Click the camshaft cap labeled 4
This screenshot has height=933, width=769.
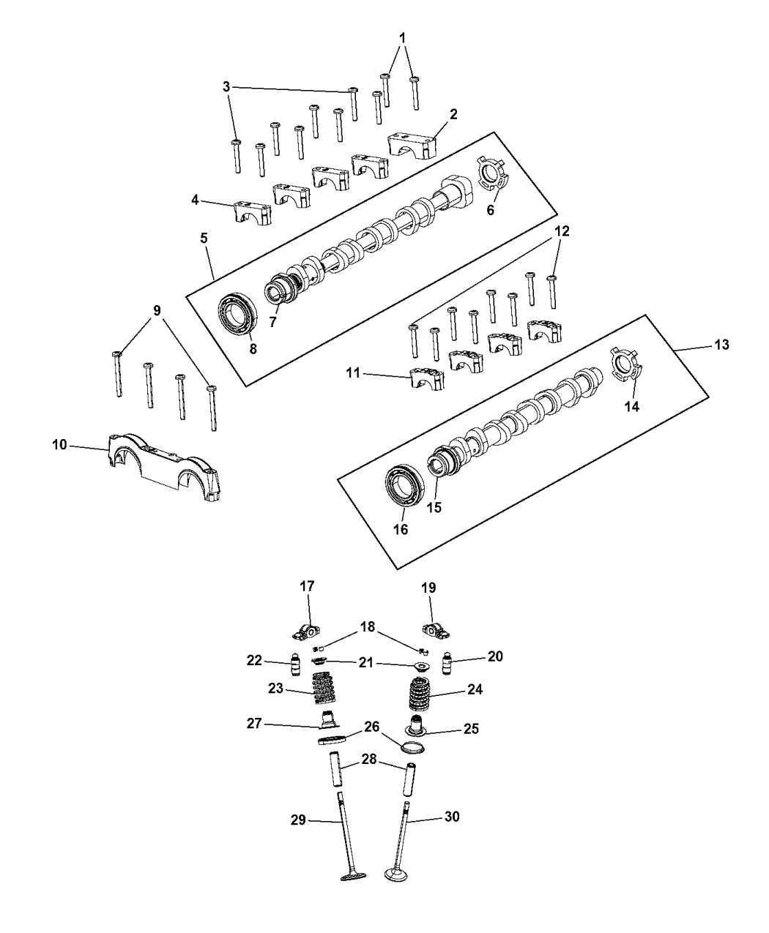[x=253, y=211]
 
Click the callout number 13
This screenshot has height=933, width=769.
[x=721, y=345]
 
